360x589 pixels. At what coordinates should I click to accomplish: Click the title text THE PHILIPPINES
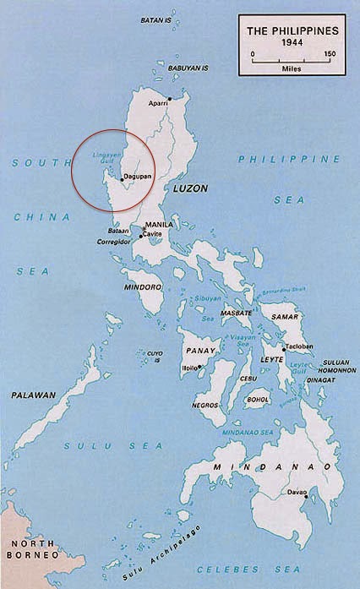pyautogui.click(x=292, y=30)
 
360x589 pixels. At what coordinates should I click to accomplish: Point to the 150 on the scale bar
pyautogui.click(x=329, y=54)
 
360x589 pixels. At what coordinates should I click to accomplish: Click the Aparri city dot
pyautogui.click(x=170, y=98)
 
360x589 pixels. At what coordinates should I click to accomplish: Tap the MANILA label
pyautogui.click(x=160, y=225)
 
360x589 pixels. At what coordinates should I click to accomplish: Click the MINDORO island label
pyautogui.click(x=141, y=286)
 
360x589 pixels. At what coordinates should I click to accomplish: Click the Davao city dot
pyautogui.click(x=287, y=493)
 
